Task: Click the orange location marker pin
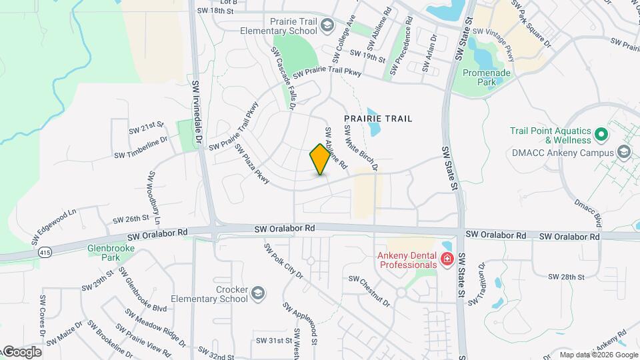(x=320, y=159)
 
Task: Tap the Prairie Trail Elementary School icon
(x=327, y=25)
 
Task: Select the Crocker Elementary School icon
(x=257, y=293)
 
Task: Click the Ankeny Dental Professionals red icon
(x=447, y=259)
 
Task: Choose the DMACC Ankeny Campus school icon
(x=623, y=153)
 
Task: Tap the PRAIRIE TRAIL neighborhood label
(x=378, y=119)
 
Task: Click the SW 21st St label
(x=147, y=125)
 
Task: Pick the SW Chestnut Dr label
(x=369, y=291)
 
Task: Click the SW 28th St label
(x=566, y=276)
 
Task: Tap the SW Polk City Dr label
(x=283, y=261)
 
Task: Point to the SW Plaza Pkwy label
(x=251, y=164)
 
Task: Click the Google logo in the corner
(x=21, y=352)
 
